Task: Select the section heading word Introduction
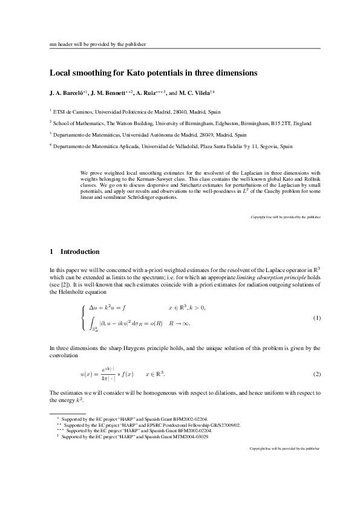click(79, 251)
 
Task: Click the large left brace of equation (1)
click(83, 318)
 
